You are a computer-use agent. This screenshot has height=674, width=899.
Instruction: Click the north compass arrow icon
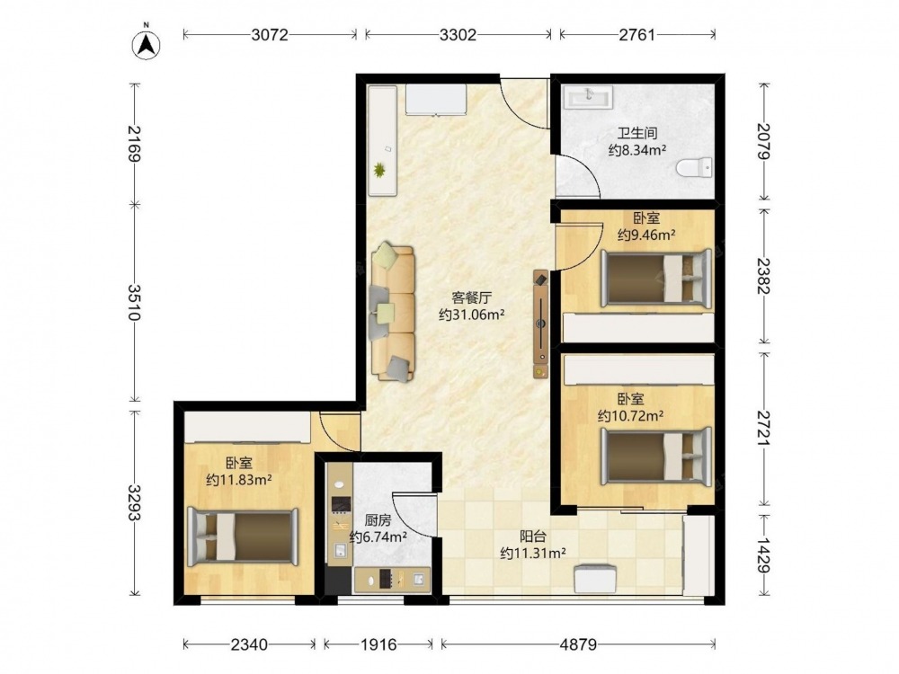(x=147, y=44)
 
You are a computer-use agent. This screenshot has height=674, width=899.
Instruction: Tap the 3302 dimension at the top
(x=458, y=35)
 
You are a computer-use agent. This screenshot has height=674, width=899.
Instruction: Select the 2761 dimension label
(x=636, y=35)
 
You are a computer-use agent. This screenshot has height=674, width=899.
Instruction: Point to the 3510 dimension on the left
(x=136, y=302)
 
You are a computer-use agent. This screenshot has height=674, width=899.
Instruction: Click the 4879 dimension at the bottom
(x=578, y=644)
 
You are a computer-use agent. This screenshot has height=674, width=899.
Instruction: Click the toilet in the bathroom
(x=694, y=168)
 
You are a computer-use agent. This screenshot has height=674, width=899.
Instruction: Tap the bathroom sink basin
(x=588, y=97)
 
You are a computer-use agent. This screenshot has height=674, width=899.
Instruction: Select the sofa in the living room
(x=393, y=313)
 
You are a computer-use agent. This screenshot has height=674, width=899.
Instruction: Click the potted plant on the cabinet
(x=379, y=170)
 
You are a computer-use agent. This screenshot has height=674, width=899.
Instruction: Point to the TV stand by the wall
(x=540, y=324)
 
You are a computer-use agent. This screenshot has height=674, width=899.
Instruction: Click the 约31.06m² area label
(x=471, y=315)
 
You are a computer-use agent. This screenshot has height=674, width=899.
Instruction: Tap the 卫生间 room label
(x=637, y=133)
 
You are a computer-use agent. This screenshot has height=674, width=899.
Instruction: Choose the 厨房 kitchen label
(x=378, y=520)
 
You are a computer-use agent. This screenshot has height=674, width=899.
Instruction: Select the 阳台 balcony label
(x=533, y=537)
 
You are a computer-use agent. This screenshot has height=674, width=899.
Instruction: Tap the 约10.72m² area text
(x=631, y=415)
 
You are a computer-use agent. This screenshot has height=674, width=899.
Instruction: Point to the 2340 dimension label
(x=249, y=644)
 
